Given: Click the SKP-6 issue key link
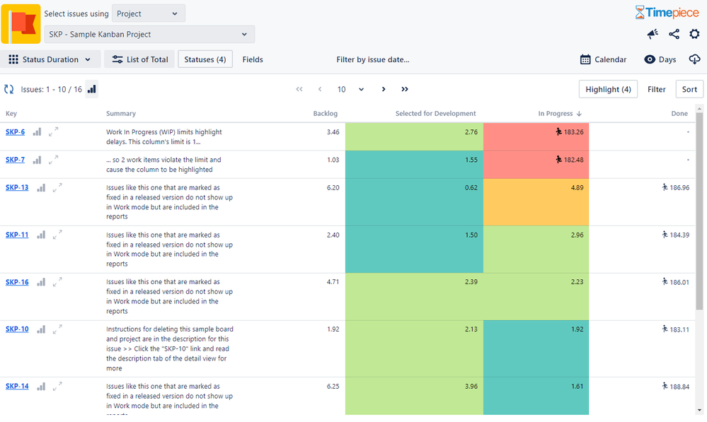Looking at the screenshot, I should (15, 132).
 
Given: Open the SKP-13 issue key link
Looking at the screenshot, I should (17, 187).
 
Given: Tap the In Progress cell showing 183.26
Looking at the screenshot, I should (536, 136).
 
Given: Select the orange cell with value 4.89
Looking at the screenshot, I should (536, 201).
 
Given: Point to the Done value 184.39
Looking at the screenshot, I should (675, 235).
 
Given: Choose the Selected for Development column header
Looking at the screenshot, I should (435, 114).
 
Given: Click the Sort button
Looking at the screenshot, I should (689, 90).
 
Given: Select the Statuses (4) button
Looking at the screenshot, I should (205, 60).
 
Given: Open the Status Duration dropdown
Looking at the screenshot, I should (50, 60).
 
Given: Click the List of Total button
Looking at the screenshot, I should (140, 60).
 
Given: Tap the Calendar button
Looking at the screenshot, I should (603, 60).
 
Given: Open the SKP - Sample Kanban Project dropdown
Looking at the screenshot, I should (149, 34).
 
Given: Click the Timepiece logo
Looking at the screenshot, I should (667, 12).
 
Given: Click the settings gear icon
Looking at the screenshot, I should (694, 34).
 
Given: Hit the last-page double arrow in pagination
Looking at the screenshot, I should (405, 90).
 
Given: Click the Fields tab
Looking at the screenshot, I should (253, 60).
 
